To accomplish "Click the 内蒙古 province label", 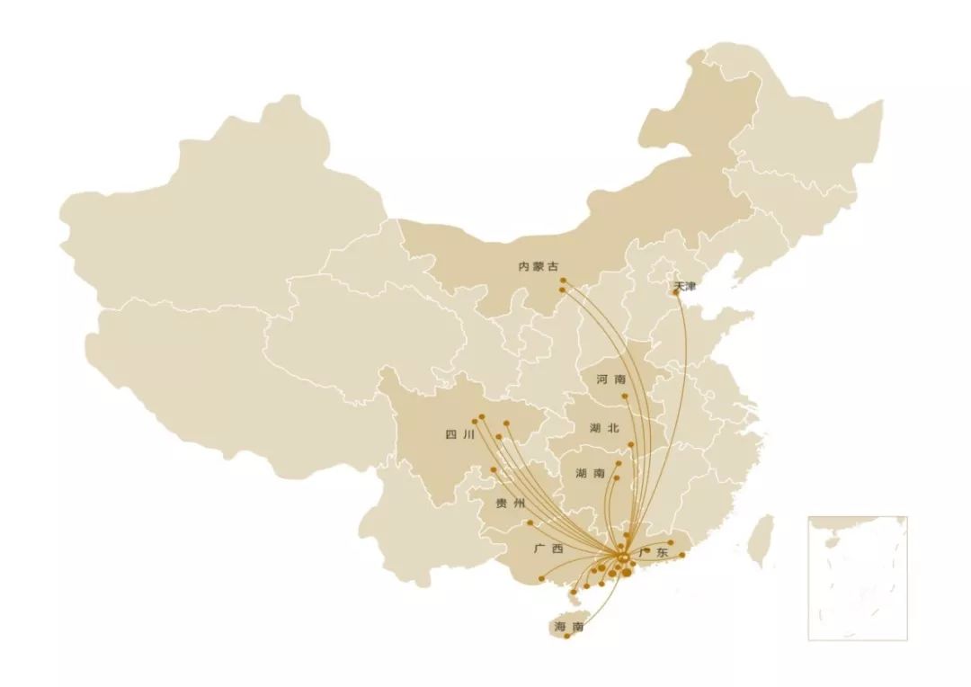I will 539,266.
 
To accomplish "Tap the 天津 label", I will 685,287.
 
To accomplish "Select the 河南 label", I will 610,380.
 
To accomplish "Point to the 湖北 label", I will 604,429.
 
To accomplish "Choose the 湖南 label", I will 590,474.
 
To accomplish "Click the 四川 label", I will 459,435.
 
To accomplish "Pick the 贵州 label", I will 510,504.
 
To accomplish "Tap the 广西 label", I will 548,549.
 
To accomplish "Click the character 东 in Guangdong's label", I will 663,552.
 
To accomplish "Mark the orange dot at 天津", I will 676,291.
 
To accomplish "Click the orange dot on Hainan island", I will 567,637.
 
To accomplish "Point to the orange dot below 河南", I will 624,396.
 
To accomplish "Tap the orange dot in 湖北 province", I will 632,444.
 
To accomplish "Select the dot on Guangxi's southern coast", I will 540,578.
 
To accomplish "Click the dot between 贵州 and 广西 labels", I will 530,522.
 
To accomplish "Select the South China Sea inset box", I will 857,577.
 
